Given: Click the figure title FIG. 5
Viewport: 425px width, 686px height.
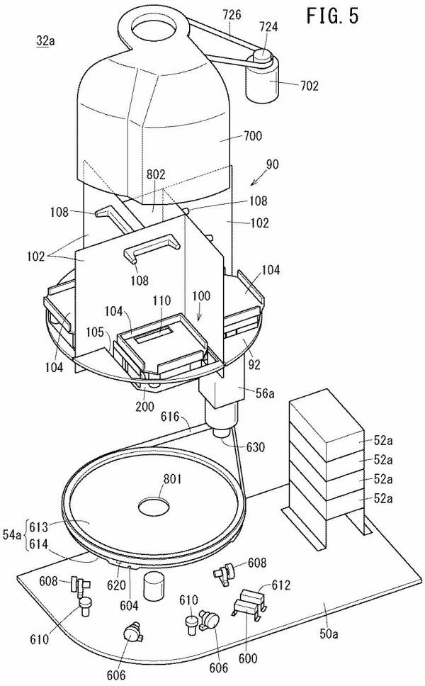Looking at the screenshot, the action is [x=332, y=16].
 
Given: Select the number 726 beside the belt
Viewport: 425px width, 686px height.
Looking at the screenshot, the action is [x=232, y=14].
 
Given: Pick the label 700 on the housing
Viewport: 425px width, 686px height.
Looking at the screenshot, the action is [x=253, y=135].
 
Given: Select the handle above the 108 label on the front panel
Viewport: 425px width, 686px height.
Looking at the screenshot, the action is [x=152, y=247].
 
